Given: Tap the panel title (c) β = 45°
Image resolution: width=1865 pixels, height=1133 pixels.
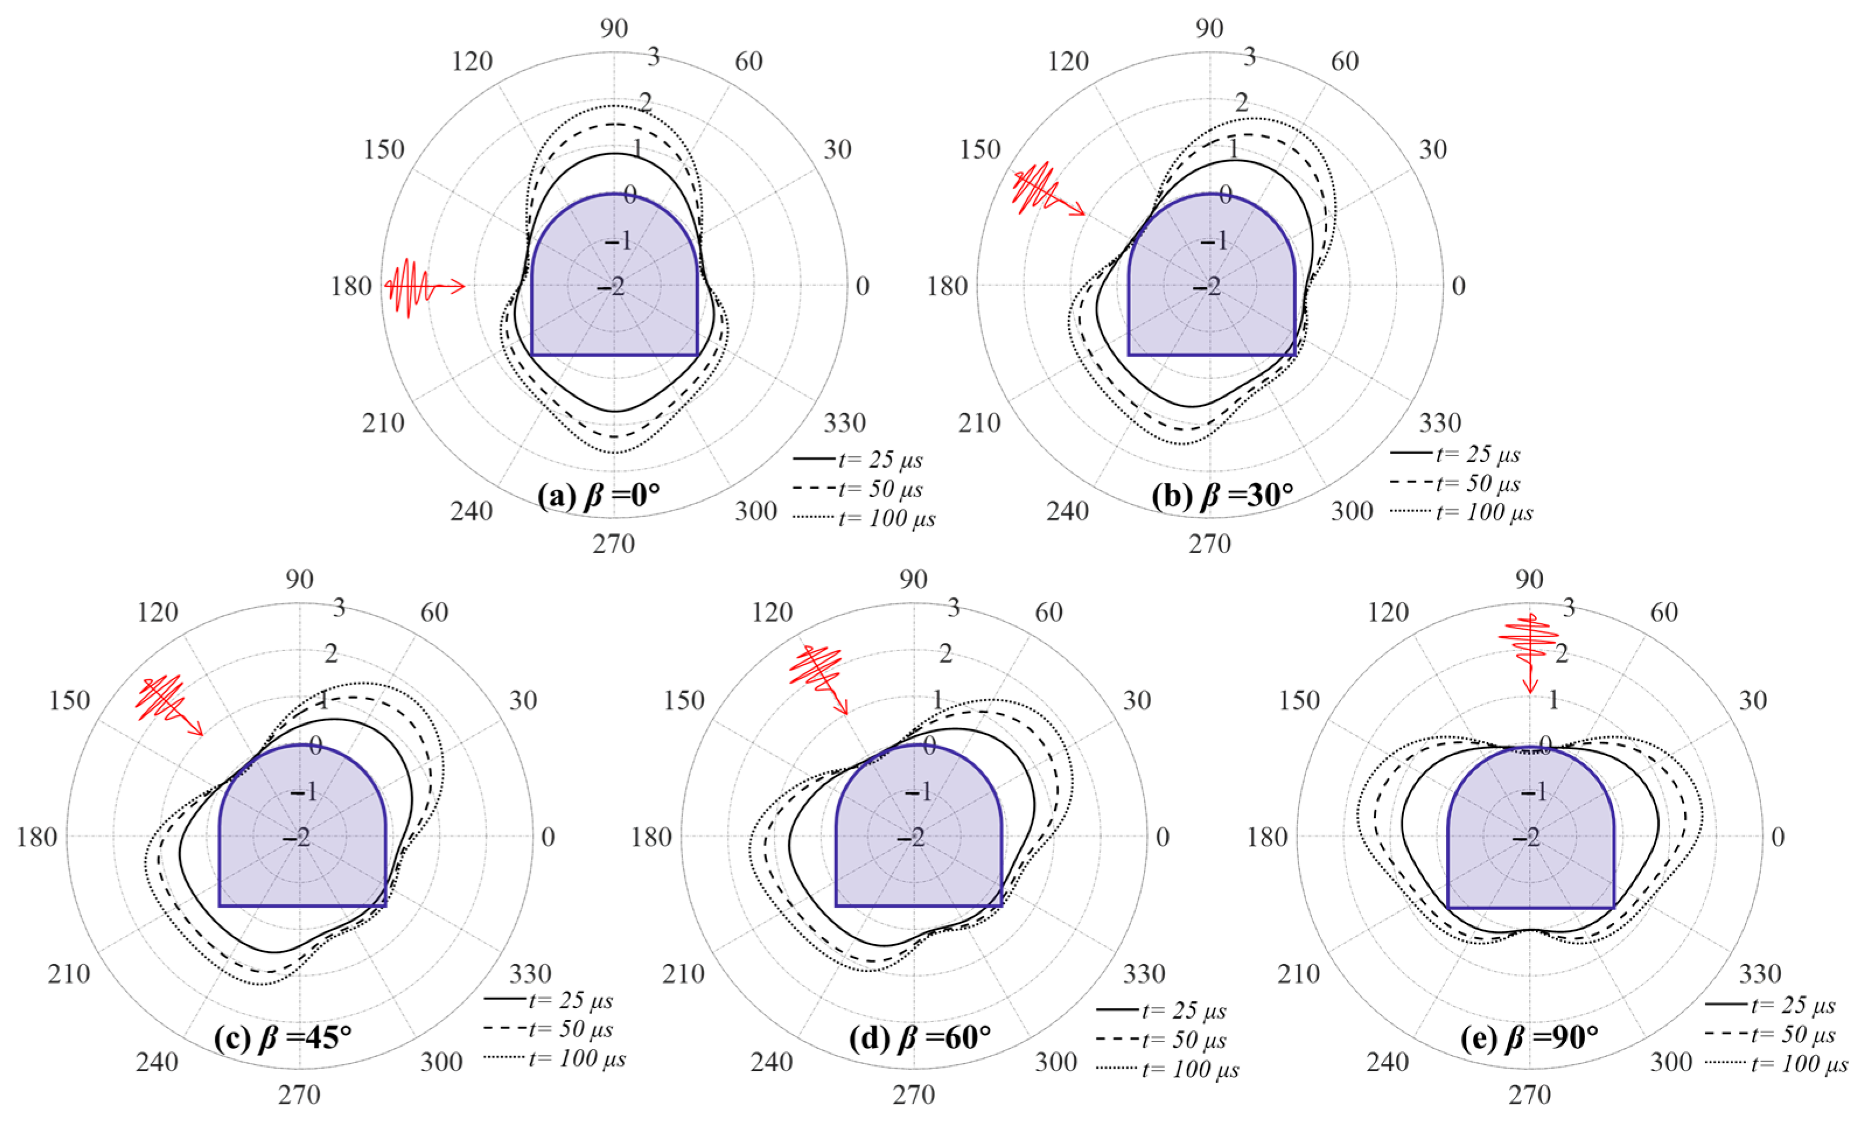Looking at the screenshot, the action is tap(283, 1037).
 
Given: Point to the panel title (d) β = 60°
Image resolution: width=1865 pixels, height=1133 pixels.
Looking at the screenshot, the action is tap(921, 1037).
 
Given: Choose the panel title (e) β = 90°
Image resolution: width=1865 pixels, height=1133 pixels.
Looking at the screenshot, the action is tap(1530, 1037).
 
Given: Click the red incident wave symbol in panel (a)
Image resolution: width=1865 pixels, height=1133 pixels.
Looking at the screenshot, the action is tap(425, 288).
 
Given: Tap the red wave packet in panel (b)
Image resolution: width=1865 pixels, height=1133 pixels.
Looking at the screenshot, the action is tap(1048, 189).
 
